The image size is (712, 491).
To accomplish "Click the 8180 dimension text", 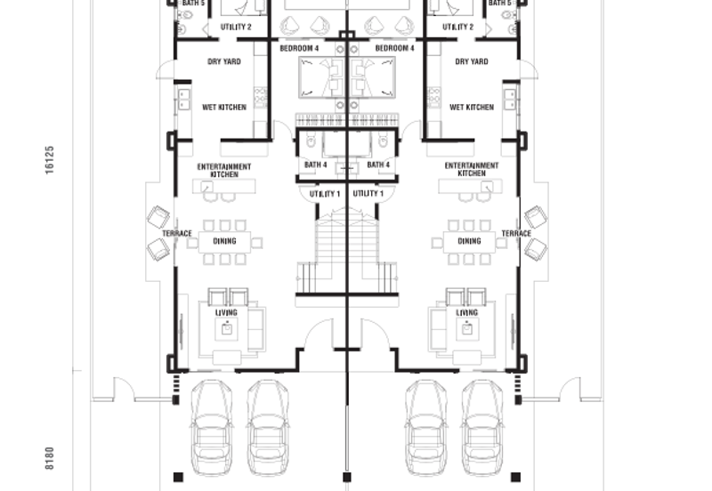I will tap(50, 458).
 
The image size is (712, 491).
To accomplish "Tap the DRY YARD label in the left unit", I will tap(224, 61).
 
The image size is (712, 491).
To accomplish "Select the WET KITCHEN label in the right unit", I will tap(472, 108).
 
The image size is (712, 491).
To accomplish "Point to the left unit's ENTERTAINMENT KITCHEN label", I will tap(224, 170).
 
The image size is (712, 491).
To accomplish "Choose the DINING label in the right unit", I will tap(469, 241).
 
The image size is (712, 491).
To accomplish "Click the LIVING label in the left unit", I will tap(226, 313).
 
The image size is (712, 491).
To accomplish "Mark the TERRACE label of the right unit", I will tap(516, 234).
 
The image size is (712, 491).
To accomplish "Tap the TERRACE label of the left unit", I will tap(177, 234).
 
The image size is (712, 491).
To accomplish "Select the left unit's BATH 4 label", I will tap(316, 165).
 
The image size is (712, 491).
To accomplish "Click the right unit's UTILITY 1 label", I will tap(368, 194).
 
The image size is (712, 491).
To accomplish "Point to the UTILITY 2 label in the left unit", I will tap(236, 28).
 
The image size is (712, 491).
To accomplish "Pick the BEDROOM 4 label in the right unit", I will tap(394, 48).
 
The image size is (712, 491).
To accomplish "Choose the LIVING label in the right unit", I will tap(466, 313).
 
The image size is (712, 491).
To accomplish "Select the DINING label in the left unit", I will tap(223, 241).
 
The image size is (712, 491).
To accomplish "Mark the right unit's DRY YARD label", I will tap(472, 61).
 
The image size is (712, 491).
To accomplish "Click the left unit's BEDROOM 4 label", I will tap(299, 48).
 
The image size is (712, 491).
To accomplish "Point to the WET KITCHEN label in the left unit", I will tap(224, 108).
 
